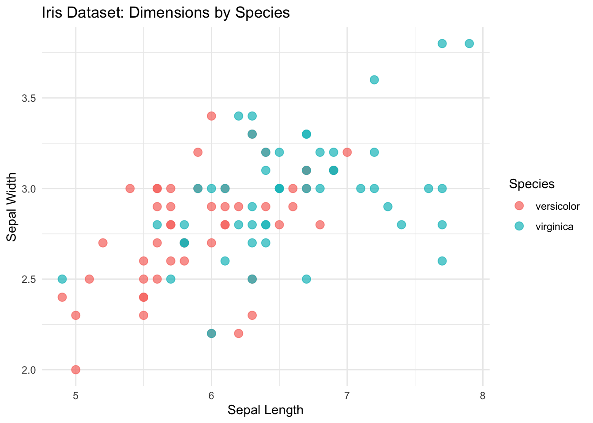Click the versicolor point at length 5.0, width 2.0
click(75, 369)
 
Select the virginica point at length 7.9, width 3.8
click(469, 44)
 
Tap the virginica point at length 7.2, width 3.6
click(374, 80)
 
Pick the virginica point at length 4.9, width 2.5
click(62, 279)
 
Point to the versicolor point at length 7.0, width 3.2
click(347, 152)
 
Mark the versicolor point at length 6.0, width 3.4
click(211, 116)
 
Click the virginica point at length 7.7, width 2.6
click(442, 261)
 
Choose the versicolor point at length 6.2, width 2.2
click(239, 333)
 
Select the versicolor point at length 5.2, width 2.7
click(103, 243)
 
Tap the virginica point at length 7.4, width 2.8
click(401, 225)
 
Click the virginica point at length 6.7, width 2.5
click(306, 279)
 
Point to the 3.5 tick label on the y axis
click(29, 98)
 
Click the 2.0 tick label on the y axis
click(29, 369)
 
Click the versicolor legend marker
click(519, 206)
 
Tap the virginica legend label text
click(554, 227)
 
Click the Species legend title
click(532, 184)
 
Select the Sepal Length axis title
click(266, 410)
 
